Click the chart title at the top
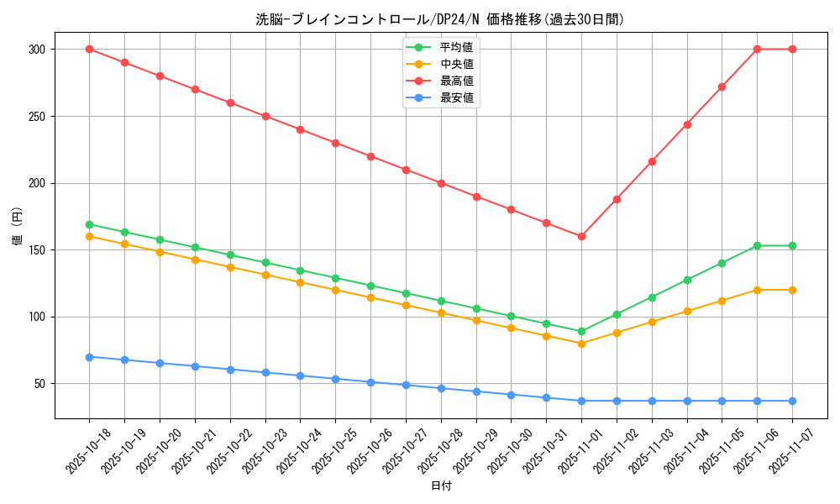440,19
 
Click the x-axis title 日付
441,486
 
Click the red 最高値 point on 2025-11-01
581,236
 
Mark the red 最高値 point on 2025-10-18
89,49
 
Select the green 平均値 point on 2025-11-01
581,331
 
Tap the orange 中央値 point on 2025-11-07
792,290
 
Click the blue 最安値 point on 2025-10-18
89,357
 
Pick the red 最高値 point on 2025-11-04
687,124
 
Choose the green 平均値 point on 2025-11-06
757,245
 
